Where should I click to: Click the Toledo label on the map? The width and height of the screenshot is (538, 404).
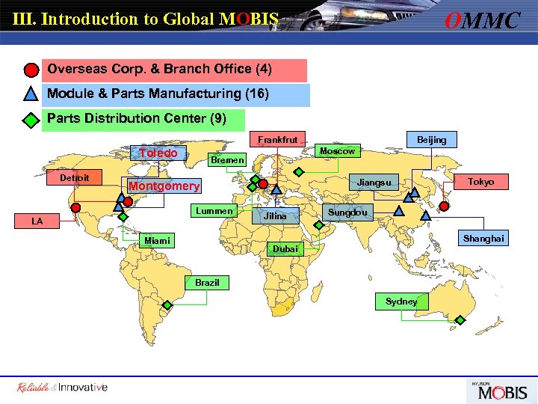(x=158, y=153)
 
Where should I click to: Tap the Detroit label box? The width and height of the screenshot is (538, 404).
(x=75, y=177)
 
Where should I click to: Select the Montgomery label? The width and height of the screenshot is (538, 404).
(x=164, y=186)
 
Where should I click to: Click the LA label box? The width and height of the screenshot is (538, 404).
(x=37, y=221)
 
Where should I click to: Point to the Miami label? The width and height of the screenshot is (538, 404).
(x=158, y=240)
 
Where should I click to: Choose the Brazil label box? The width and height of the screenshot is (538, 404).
(x=207, y=283)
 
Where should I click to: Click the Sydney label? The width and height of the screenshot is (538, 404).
(x=401, y=302)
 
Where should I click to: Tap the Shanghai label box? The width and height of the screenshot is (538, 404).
(x=483, y=239)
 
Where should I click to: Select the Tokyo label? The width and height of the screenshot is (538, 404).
(x=480, y=182)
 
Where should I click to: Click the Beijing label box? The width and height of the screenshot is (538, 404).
(x=431, y=140)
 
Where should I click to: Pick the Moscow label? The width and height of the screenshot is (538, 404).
(x=337, y=151)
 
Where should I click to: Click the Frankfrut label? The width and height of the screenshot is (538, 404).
(x=277, y=139)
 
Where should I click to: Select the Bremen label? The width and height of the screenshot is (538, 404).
(x=227, y=160)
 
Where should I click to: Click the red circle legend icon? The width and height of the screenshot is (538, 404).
(x=31, y=70)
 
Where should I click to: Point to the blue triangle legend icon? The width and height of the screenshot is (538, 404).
(x=31, y=95)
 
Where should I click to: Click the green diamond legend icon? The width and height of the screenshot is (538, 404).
(x=31, y=120)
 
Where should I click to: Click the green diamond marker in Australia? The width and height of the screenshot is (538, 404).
(x=460, y=319)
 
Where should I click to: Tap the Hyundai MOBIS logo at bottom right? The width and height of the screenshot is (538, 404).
(x=498, y=390)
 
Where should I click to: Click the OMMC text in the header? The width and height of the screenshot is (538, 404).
(x=482, y=20)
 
